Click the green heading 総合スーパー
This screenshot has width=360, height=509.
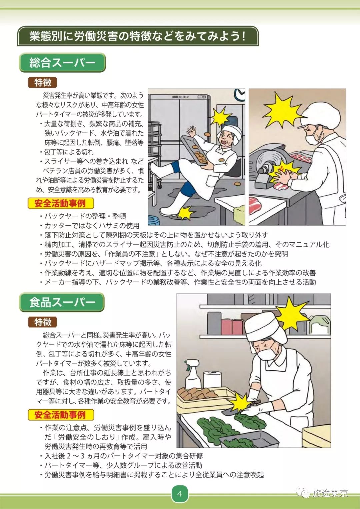tap(62, 63)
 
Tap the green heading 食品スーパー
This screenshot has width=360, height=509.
tap(62, 302)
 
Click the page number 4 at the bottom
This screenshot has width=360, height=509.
tap(180, 494)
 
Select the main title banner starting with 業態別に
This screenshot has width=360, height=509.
tap(138, 36)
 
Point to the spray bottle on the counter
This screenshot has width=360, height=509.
tap(193, 375)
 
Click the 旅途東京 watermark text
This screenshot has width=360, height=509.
tap(330, 493)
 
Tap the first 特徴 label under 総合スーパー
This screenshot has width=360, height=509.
tap(43, 82)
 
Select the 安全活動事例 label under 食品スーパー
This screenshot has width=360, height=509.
tap(60, 415)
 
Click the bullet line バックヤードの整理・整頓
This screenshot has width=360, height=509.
tap(85, 216)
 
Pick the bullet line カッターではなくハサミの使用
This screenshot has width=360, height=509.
tap(92, 226)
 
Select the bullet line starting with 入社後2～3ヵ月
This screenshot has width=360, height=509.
tap(124, 456)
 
